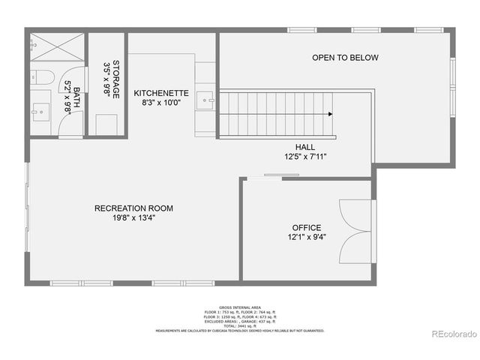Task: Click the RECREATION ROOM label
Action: pyautogui.click(x=133, y=208)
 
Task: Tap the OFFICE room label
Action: pyautogui.click(x=306, y=228)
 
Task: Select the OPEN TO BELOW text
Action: pyautogui.click(x=345, y=58)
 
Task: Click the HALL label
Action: pyautogui.click(x=304, y=147)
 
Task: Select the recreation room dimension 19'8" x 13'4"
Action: pyautogui.click(x=133, y=219)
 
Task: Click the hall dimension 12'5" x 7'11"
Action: pyautogui.click(x=304, y=157)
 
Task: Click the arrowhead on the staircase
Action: pyautogui.click(x=330, y=114)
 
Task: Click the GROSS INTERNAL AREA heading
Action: pyautogui.click(x=239, y=307)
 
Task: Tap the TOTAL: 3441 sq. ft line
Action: pyautogui.click(x=239, y=326)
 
